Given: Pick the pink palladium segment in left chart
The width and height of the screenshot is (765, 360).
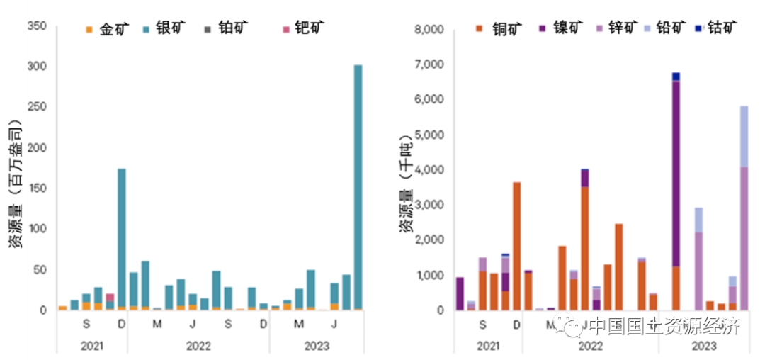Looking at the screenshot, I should (110, 298).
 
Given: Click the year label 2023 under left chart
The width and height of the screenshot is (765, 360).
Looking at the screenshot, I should (315, 346).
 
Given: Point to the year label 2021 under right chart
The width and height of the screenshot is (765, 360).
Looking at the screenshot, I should (489, 346).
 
